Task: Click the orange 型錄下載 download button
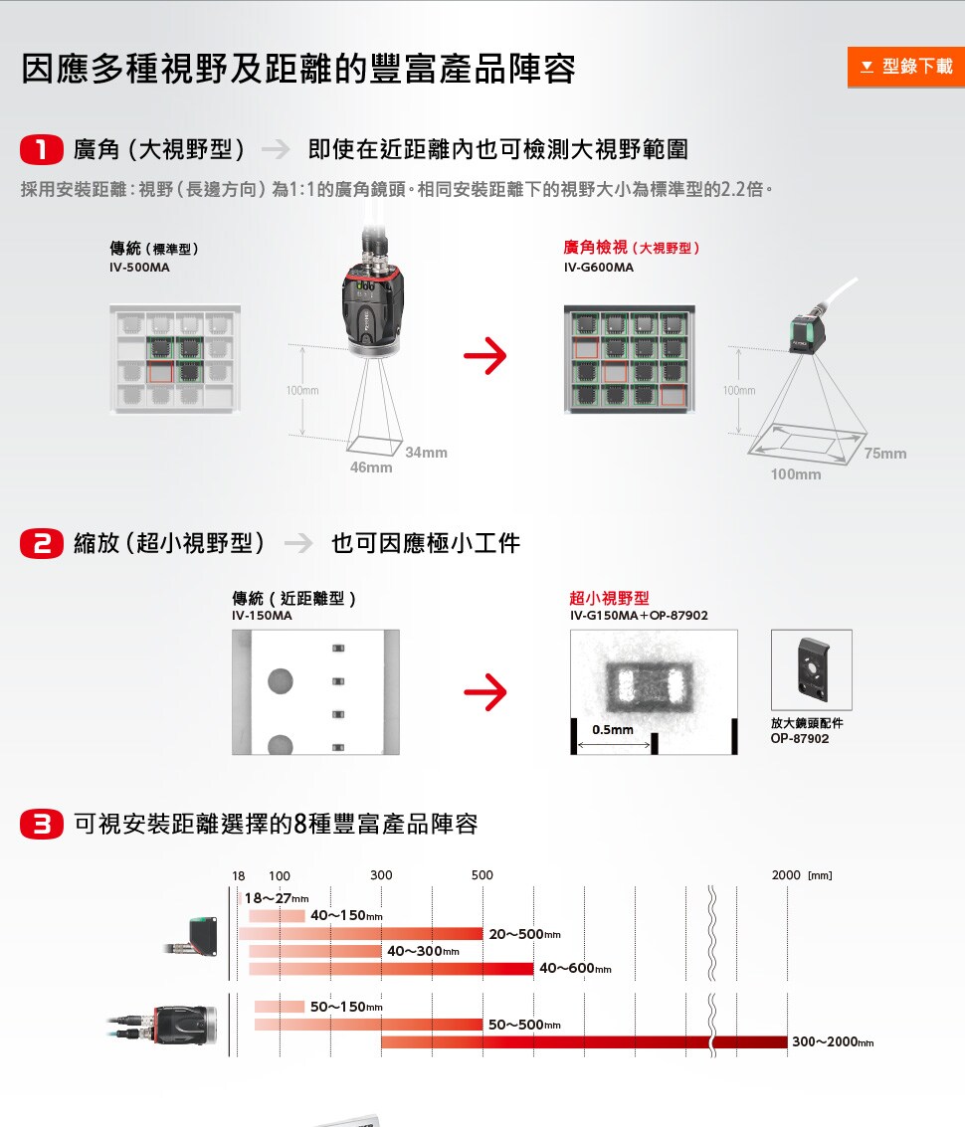905,66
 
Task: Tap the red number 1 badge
42,150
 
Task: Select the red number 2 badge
42,543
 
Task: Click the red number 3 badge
42,825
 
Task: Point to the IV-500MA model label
139,268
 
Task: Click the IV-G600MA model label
598,268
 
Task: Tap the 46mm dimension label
371,468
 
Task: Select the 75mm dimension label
885,454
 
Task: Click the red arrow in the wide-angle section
484,356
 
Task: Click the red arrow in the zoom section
484,692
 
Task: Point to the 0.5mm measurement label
612,730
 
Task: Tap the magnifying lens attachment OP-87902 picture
811,669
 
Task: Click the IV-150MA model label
262,616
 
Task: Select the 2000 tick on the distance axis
786,875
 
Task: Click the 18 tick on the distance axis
239,875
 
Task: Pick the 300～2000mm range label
833,1042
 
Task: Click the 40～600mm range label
575,969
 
